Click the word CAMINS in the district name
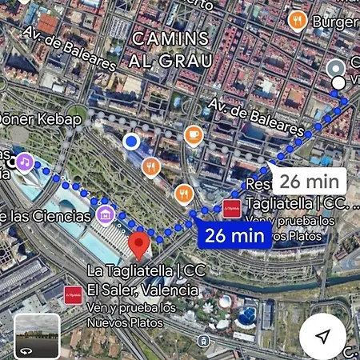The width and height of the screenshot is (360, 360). [x=170, y=38]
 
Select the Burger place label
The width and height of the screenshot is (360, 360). [x=334, y=22]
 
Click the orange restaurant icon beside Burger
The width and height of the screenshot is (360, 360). [x=298, y=20]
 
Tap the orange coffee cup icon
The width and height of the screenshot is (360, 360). [x=193, y=135]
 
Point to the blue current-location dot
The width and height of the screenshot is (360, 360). [x=131, y=142]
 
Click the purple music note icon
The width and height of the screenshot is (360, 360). [x=25, y=162]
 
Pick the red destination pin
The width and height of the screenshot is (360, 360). [x=138, y=241]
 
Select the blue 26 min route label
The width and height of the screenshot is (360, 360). [x=234, y=235]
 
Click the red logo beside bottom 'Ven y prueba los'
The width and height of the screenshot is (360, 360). [x=73, y=292]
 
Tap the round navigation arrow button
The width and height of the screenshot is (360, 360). [x=322, y=336]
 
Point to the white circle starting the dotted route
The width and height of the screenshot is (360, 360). [x=338, y=82]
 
